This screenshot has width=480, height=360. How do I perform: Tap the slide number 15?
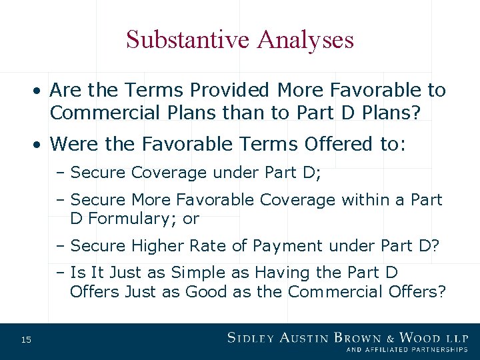[x=26, y=340]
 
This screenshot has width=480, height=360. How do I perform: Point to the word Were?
[x=71, y=144]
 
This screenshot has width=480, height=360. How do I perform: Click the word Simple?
[x=199, y=273]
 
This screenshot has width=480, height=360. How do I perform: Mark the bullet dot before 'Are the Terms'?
[x=40, y=90]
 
